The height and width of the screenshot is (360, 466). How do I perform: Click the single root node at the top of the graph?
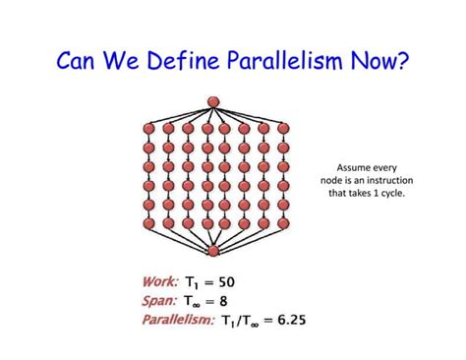click(213, 102)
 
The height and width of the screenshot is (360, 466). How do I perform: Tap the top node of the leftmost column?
click(149, 129)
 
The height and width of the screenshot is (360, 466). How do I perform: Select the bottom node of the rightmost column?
click(283, 223)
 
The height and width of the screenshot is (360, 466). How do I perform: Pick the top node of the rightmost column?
click(283, 129)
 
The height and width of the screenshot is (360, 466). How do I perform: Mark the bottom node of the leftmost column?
click(149, 223)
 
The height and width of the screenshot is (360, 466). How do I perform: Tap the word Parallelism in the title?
click(283, 62)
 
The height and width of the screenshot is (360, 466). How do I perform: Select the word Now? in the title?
click(378, 62)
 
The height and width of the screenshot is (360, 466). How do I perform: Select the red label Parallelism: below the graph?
click(178, 320)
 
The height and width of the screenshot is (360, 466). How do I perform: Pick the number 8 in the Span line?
click(236, 301)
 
